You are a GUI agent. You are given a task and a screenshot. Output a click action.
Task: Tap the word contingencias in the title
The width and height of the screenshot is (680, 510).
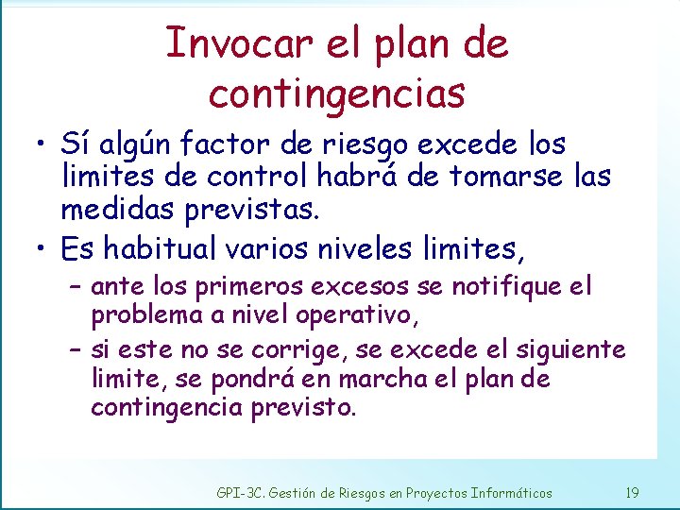point(337,93)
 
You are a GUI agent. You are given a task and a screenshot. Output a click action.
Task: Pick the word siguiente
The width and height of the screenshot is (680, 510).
point(570,351)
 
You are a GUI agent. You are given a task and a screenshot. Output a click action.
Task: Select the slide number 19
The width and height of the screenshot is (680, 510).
point(633,492)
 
